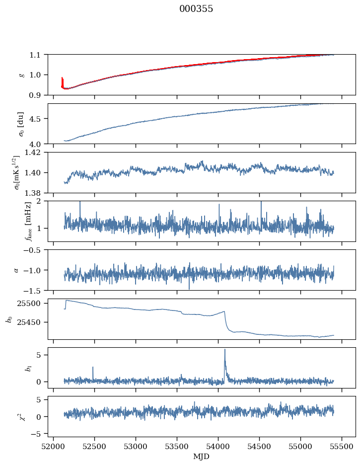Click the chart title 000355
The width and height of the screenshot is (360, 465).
click(196, 9)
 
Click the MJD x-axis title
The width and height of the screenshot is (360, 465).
click(202, 457)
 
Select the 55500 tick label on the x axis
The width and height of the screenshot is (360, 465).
click(342, 447)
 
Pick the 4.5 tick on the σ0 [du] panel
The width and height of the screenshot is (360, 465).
click(38, 119)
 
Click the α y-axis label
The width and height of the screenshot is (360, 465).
click(16, 270)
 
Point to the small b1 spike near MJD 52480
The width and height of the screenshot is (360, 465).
click(93, 368)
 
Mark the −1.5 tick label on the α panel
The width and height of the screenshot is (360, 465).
click(36, 290)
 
